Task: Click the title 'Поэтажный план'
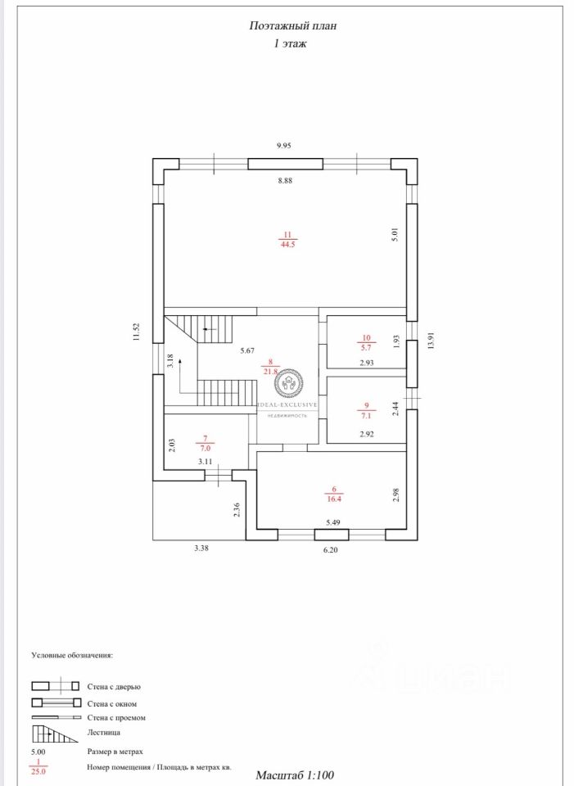point(292,26)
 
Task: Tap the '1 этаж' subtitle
point(290,44)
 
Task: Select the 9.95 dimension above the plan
point(284,145)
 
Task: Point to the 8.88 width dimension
point(284,180)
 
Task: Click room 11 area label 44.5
point(286,239)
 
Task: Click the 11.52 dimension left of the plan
point(137,332)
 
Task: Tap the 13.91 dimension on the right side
point(431,340)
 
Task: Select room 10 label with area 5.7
point(366,341)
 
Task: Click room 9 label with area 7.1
point(366,409)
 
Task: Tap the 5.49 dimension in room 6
point(333,522)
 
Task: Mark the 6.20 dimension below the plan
point(330,551)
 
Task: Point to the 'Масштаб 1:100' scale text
point(295,774)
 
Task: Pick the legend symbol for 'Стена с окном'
point(55,702)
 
